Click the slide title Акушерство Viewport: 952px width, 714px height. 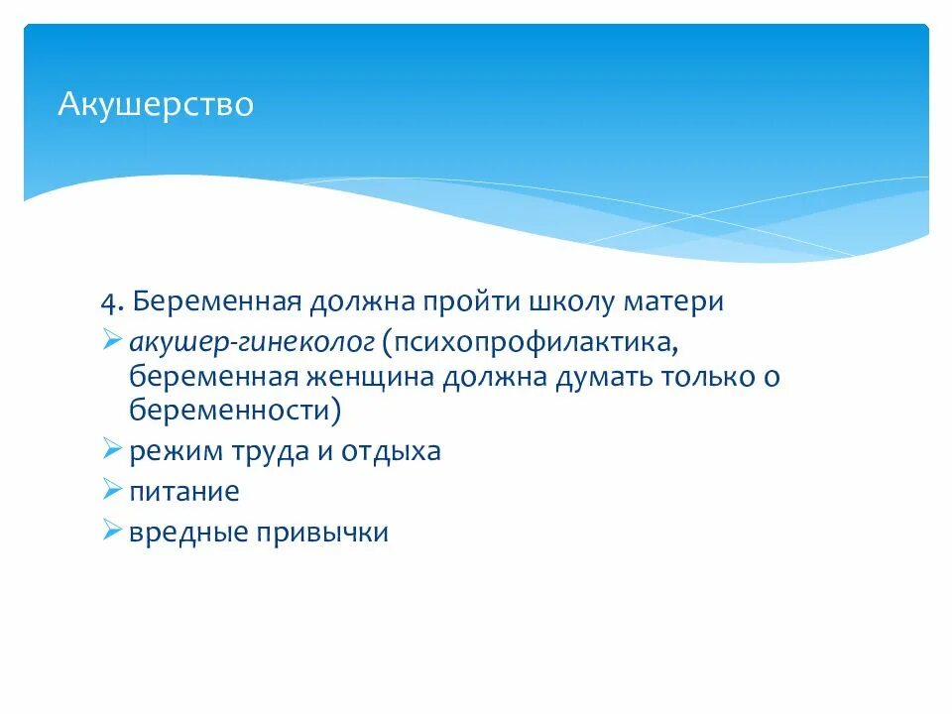click(x=156, y=103)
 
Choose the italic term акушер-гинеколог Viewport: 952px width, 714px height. click(x=251, y=343)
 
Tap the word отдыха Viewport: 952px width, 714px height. click(x=392, y=451)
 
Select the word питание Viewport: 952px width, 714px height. click(x=183, y=491)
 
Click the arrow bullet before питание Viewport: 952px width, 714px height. click(x=111, y=490)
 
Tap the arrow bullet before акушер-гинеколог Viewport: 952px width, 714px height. click(x=111, y=342)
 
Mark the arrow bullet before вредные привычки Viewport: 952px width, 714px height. click(x=111, y=531)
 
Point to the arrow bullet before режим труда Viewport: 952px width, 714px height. click(x=111, y=450)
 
